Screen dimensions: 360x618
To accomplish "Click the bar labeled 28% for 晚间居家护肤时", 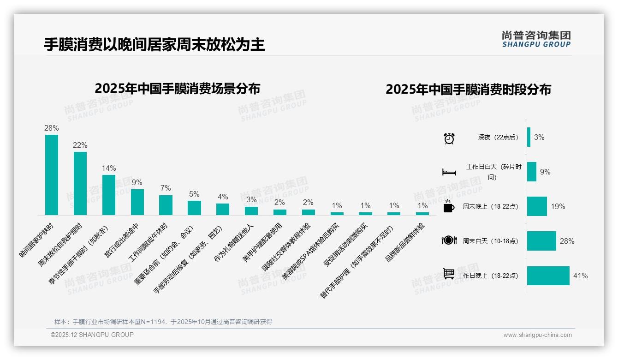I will (x=52, y=175).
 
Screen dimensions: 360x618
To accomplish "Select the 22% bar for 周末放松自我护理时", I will (x=80, y=183).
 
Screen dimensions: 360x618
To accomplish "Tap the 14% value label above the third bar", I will (x=109, y=168).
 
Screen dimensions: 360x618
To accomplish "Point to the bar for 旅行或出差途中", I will (x=137, y=202).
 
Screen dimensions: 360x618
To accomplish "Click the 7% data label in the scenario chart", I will (x=166, y=188).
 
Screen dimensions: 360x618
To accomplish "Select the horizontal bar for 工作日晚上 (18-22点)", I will (x=548, y=276).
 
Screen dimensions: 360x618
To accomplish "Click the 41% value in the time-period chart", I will (x=580, y=276).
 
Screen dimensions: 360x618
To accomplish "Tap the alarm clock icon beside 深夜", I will (x=449, y=138).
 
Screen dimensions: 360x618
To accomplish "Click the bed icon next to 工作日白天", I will (x=449, y=172).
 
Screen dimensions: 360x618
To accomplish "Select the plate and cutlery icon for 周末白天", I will (x=449, y=240).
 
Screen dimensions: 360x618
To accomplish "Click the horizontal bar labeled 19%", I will (x=537, y=206).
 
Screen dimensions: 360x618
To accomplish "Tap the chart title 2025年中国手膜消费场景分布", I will (x=178, y=89).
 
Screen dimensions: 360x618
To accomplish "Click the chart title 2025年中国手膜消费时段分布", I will (x=468, y=90).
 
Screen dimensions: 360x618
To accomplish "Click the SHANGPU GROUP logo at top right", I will (x=536, y=39).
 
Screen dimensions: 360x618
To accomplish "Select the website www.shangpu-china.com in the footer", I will (x=537, y=335).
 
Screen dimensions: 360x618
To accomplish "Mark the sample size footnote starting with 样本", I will (x=163, y=322).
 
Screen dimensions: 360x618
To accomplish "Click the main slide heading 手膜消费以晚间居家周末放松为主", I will (x=154, y=45).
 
